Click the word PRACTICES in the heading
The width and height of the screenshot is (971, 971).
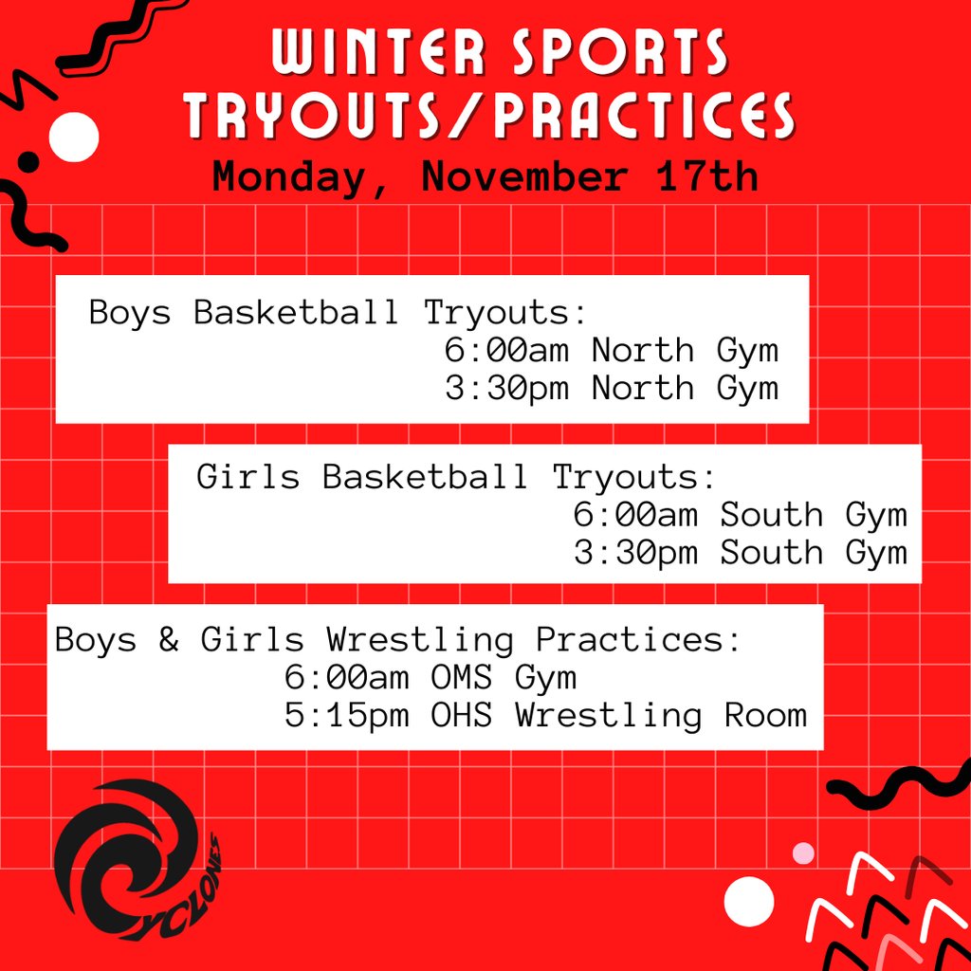point(644,118)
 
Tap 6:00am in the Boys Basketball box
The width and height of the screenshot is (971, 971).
point(506,351)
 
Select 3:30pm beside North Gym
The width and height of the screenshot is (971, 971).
point(506,388)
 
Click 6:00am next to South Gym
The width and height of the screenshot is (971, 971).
point(635,515)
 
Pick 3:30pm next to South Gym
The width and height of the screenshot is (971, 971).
point(635,552)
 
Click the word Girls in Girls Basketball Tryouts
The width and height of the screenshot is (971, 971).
point(247,476)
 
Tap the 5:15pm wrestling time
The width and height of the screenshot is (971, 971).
point(346,715)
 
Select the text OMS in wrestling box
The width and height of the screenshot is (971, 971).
point(462,678)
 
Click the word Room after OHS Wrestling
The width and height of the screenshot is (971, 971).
point(765,715)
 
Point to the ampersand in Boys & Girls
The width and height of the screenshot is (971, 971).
point(169,640)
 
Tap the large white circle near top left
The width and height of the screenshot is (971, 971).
point(73,137)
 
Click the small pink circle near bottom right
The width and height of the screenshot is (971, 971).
point(803,852)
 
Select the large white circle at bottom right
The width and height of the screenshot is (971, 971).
point(748,901)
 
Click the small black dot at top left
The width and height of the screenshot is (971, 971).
point(29,161)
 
